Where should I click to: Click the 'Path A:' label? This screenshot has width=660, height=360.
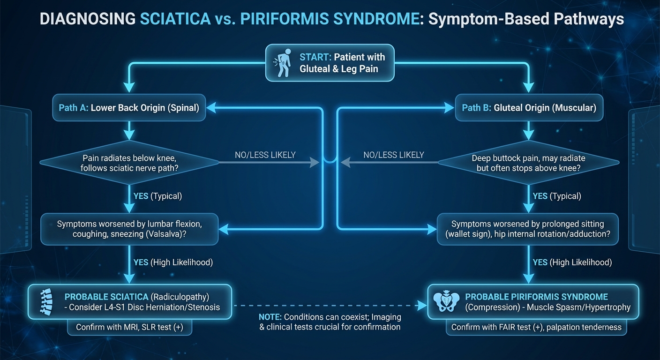[74, 108]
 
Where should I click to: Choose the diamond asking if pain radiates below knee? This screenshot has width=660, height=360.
[129, 163]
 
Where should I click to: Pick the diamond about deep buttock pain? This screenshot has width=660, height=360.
[528, 163]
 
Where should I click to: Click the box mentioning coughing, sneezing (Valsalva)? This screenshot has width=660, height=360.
[129, 229]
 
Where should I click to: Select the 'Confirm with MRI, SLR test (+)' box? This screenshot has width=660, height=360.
[129, 327]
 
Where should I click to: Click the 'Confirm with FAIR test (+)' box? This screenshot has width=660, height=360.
[536, 327]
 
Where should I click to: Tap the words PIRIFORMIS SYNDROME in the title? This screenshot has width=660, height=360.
[337, 19]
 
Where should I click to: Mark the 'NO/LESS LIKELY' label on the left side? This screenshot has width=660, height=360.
[265, 155]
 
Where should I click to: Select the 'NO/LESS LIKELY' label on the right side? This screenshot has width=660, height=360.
[394, 155]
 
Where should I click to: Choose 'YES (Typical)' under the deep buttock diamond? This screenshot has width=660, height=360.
[557, 196]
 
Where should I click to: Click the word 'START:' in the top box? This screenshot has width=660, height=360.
[315, 57]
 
